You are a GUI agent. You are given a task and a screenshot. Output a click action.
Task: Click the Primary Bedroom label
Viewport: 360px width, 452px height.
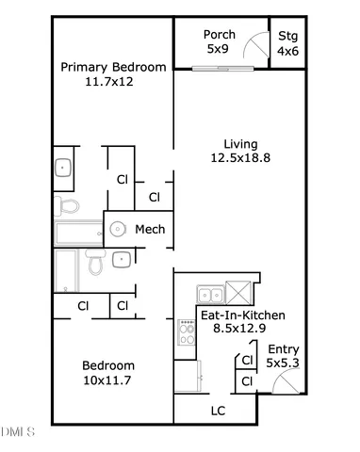coord(113,67)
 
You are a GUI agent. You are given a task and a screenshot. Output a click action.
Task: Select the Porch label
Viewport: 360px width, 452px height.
coord(219,35)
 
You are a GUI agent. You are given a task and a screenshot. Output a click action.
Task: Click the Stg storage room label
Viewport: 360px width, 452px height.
coord(286,36)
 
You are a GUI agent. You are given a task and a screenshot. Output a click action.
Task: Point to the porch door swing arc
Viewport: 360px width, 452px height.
coord(252,46)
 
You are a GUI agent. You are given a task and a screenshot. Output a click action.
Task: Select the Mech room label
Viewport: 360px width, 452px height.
coord(150,229)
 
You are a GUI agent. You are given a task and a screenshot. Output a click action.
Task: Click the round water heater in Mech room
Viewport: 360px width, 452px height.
coord(119,228)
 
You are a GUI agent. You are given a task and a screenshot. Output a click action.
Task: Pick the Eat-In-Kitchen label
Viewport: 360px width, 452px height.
coord(242,315)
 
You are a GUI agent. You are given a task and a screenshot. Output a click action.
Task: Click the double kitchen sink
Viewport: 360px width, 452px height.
coord(210,292)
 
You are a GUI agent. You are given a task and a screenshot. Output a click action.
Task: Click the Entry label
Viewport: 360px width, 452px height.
coord(282,348)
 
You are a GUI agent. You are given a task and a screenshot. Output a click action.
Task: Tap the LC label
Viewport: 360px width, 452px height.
coord(217,411)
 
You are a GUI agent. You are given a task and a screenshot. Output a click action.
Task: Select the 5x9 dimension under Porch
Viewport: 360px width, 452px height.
coord(218,50)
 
